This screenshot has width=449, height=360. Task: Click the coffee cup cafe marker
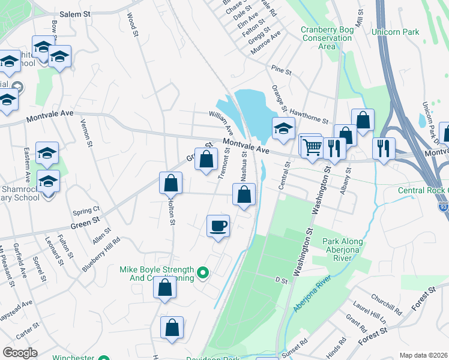pyautogui.click(x=218, y=226)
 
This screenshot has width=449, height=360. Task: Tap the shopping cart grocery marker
pyautogui.click(x=312, y=146)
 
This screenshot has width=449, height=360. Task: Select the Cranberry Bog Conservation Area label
pyautogui.click(x=326, y=37)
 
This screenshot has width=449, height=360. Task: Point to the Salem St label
pyautogui.click(x=75, y=14)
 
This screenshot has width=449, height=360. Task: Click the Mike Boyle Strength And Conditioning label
pyautogui.click(x=157, y=274)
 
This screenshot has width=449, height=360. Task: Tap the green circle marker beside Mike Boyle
pyautogui.click(x=203, y=274)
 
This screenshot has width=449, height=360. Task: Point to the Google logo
pyautogui.click(x=20, y=352)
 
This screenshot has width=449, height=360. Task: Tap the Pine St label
pyautogui.click(x=281, y=71)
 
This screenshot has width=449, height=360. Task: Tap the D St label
pyautogui.click(x=279, y=280)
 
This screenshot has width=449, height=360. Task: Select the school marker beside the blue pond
pyautogui.click(x=283, y=127)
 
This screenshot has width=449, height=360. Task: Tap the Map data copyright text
pyautogui.click(x=423, y=355)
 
